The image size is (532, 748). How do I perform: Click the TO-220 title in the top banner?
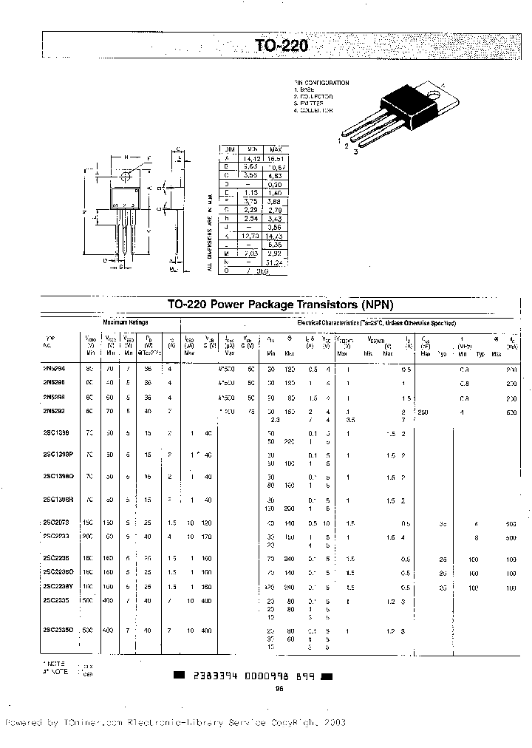pos(276,46)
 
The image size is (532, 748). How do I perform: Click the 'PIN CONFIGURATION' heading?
pos(322,83)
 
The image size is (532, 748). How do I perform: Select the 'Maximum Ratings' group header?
pos(126,323)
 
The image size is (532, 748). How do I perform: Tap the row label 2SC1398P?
pos(57,455)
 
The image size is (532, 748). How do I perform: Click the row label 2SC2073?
pos(55,523)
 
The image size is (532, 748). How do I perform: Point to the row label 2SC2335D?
pos(57,629)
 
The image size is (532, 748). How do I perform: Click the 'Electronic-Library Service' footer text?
pos(188,722)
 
